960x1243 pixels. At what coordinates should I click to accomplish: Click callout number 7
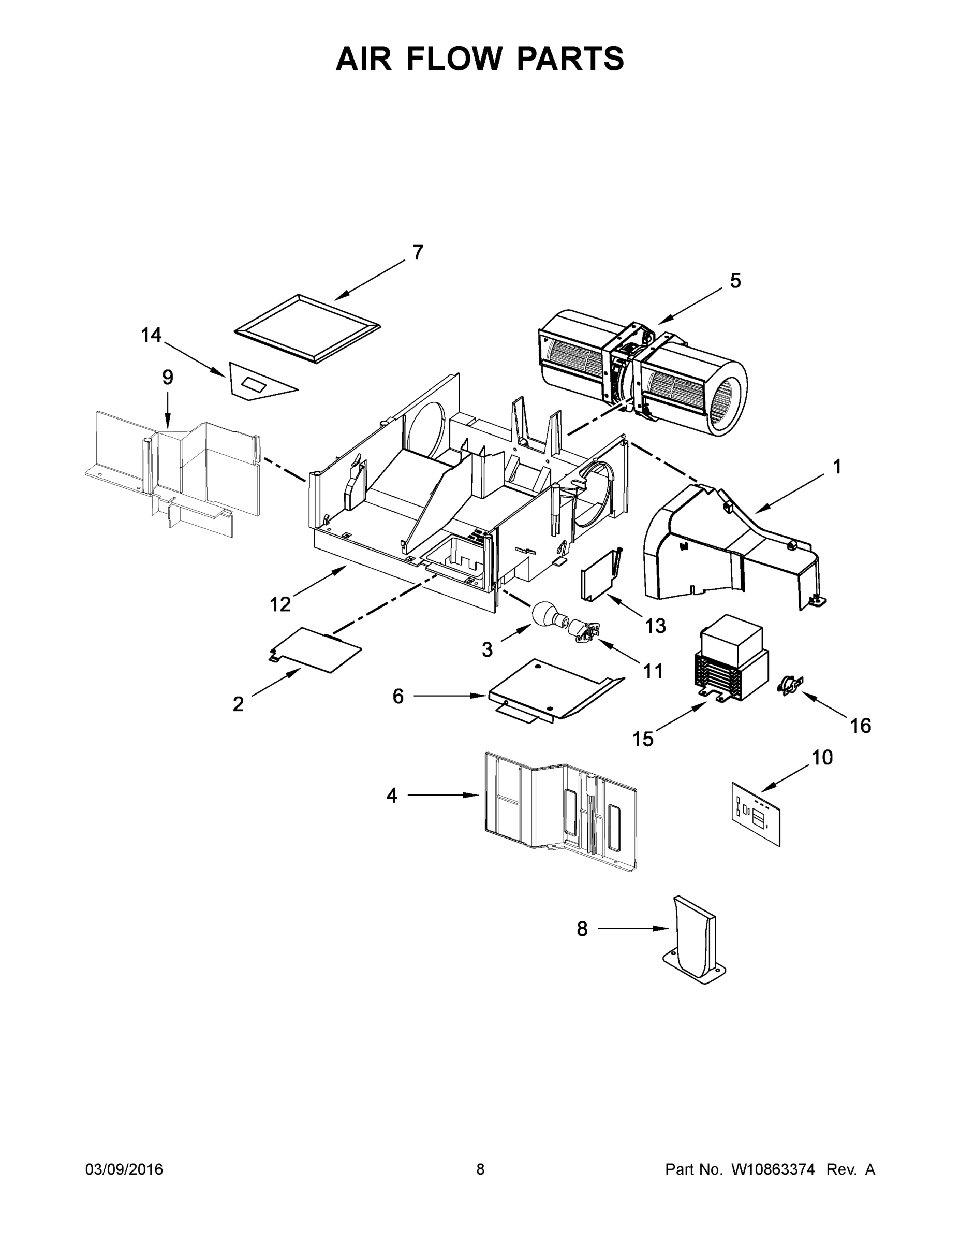point(418,253)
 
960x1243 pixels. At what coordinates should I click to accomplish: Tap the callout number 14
point(151,335)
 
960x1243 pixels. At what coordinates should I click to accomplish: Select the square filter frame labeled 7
point(307,328)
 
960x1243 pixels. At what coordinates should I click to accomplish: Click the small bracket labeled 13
point(598,575)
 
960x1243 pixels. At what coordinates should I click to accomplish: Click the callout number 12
point(280,604)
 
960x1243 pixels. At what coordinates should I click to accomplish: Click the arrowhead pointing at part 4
point(473,795)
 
